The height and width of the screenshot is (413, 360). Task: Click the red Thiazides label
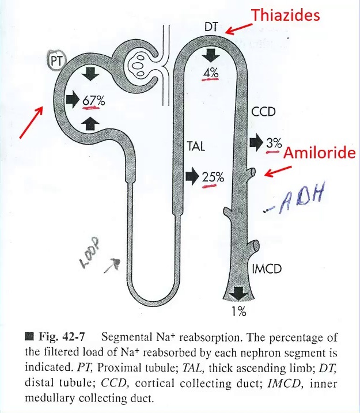click(285, 16)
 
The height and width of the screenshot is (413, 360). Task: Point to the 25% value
click(213, 177)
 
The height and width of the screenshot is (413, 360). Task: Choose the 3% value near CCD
click(273, 143)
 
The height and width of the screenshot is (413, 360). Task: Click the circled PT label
click(56, 59)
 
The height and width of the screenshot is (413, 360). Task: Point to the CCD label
click(264, 112)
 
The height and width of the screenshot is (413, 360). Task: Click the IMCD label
click(268, 268)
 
